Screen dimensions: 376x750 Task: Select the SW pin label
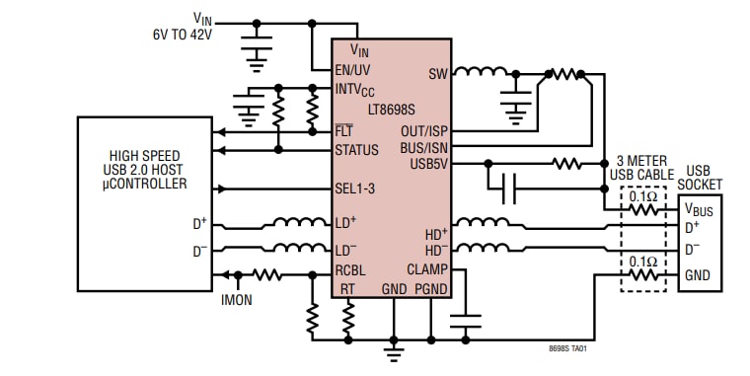437,73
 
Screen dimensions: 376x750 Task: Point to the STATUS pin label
357,150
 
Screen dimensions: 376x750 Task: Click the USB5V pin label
429,164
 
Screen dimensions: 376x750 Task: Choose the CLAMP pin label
427,267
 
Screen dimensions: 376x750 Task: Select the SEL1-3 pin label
355,188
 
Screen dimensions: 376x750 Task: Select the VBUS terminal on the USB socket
701,208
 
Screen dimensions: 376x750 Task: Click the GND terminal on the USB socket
698,275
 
